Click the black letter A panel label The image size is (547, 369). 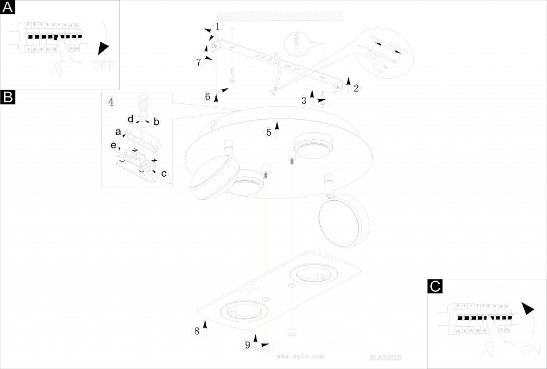coord(7,7)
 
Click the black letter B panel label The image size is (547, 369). coord(7,97)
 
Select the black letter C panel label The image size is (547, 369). coord(435,286)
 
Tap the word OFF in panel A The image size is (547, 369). coord(103,65)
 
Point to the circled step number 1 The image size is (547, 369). coord(217,26)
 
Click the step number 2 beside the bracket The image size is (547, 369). coord(356,88)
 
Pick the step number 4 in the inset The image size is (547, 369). coord(111,102)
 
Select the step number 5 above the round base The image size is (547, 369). coord(268,132)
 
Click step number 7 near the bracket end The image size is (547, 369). coord(199,62)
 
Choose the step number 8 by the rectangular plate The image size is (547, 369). coord(197,331)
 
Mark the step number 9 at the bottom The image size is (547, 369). coord(248,344)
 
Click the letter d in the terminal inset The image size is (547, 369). coord(130,119)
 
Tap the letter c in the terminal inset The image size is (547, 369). coord(164,173)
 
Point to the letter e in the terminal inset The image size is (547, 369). coord(113,145)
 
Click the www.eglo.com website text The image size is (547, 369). coord(300,355)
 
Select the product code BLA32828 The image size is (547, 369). coord(386,358)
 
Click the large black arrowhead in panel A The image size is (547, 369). coord(102,49)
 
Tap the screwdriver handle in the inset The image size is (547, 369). coord(142,107)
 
